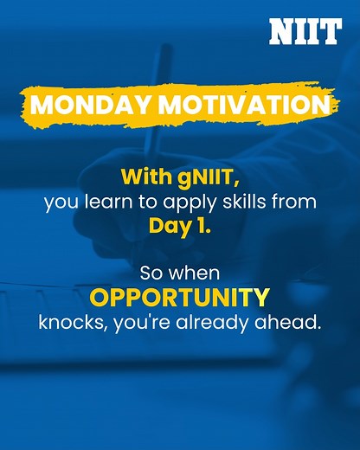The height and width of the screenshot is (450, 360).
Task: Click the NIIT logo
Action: pos(305,31)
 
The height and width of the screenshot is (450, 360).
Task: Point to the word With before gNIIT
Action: pos(141,178)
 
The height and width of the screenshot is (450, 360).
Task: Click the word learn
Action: pos(101,203)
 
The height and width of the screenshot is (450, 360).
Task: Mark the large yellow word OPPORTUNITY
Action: pos(180,298)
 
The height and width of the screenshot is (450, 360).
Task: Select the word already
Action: pos(209,324)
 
